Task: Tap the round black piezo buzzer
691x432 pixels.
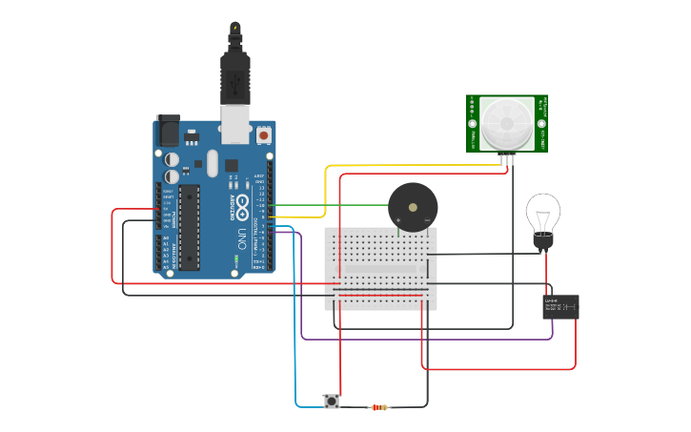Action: coord(413,207)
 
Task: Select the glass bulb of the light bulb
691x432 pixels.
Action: coord(543,213)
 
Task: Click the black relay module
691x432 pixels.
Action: coord(560,307)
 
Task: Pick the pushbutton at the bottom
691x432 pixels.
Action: coord(332,401)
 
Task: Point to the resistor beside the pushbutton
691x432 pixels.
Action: coord(379,407)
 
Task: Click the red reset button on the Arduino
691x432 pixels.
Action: coord(264,136)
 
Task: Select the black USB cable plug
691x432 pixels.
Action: coord(234,76)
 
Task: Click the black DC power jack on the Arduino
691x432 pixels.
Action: coord(168,131)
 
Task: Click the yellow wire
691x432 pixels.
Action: coord(329,186)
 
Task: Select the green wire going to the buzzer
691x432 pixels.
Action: coord(334,204)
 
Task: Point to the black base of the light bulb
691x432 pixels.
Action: coord(543,244)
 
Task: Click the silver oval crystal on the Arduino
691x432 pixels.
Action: coord(212,161)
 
